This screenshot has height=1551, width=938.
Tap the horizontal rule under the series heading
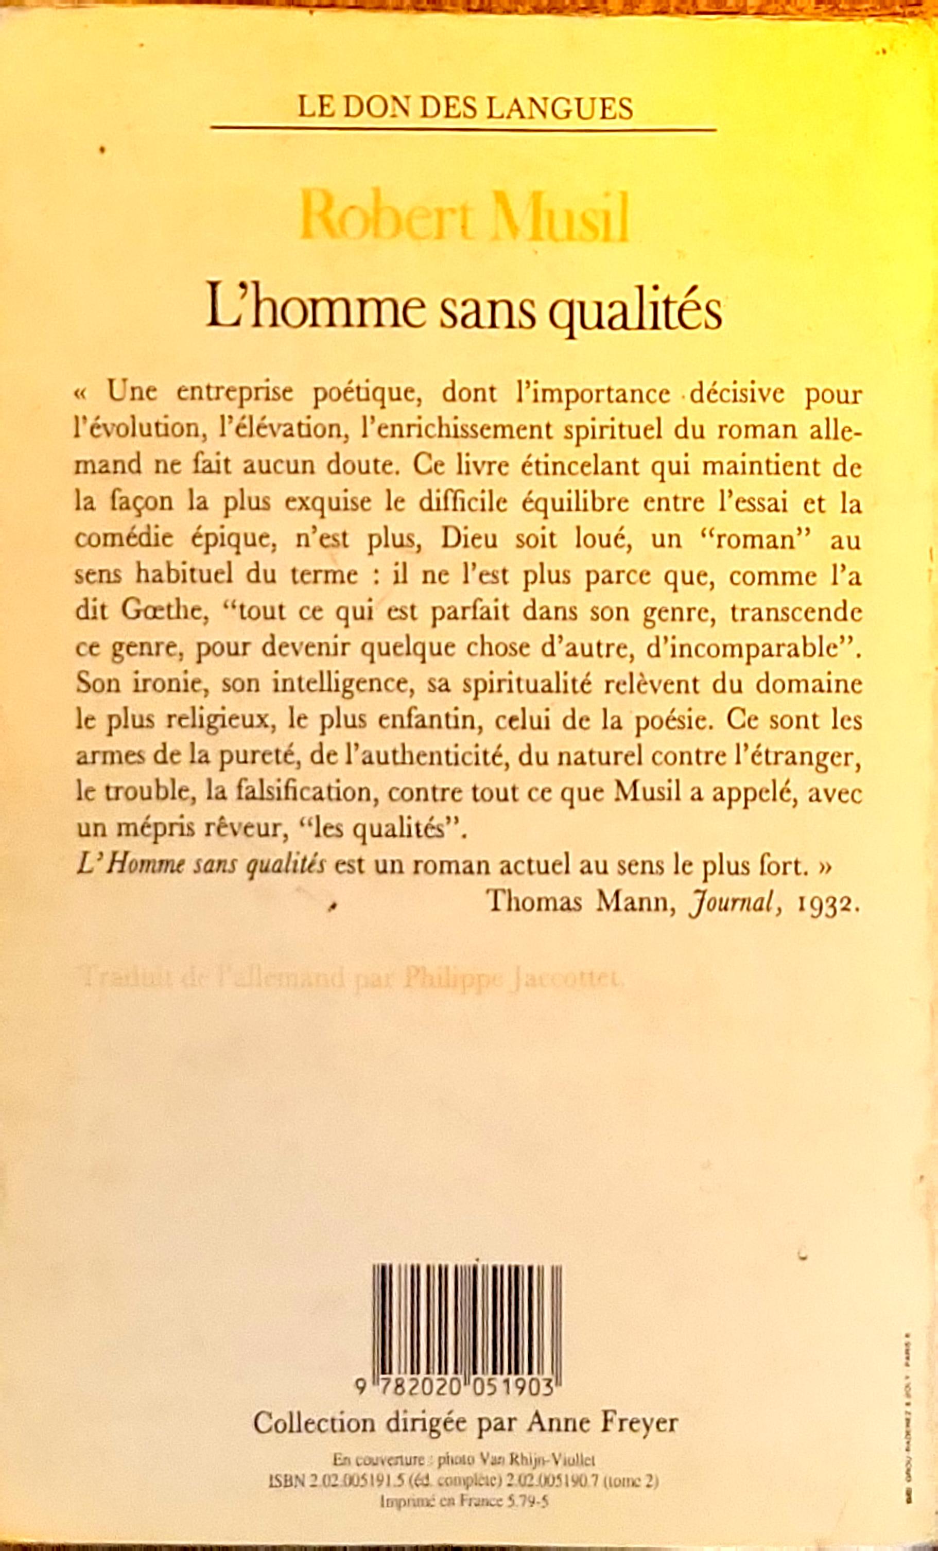464,130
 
